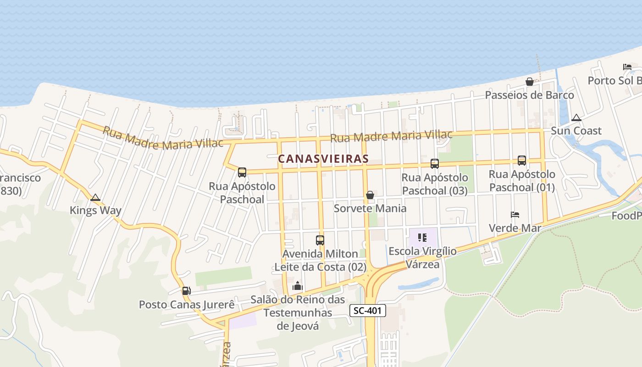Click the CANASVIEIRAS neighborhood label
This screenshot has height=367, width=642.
click(x=323, y=159)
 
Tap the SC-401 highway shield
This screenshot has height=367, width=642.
click(x=368, y=311)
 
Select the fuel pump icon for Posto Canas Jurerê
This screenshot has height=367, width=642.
click(x=186, y=290)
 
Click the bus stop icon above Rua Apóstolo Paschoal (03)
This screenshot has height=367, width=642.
click(x=434, y=163)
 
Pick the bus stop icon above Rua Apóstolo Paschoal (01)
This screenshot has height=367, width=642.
click(x=521, y=160)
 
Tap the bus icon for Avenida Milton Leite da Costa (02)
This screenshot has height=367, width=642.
click(x=320, y=240)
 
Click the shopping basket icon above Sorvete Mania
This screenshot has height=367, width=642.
click(x=370, y=195)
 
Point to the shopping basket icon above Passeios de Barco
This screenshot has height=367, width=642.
click(x=530, y=82)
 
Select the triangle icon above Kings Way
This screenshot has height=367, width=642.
click(x=95, y=198)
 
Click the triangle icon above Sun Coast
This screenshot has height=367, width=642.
click(x=576, y=117)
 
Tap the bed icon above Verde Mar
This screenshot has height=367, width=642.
click(x=515, y=215)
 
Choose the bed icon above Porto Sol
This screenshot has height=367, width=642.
click(x=627, y=67)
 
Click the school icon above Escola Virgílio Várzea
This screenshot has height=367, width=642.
click(x=422, y=238)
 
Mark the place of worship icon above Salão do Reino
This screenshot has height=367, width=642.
click(x=298, y=286)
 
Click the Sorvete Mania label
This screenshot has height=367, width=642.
click(x=370, y=208)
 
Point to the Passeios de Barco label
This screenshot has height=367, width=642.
click(x=529, y=95)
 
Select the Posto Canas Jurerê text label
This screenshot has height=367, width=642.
click(x=187, y=305)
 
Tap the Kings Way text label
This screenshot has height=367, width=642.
click(x=95, y=211)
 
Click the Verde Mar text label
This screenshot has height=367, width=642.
click(x=515, y=228)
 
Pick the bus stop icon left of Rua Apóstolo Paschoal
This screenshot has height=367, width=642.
click(x=242, y=172)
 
